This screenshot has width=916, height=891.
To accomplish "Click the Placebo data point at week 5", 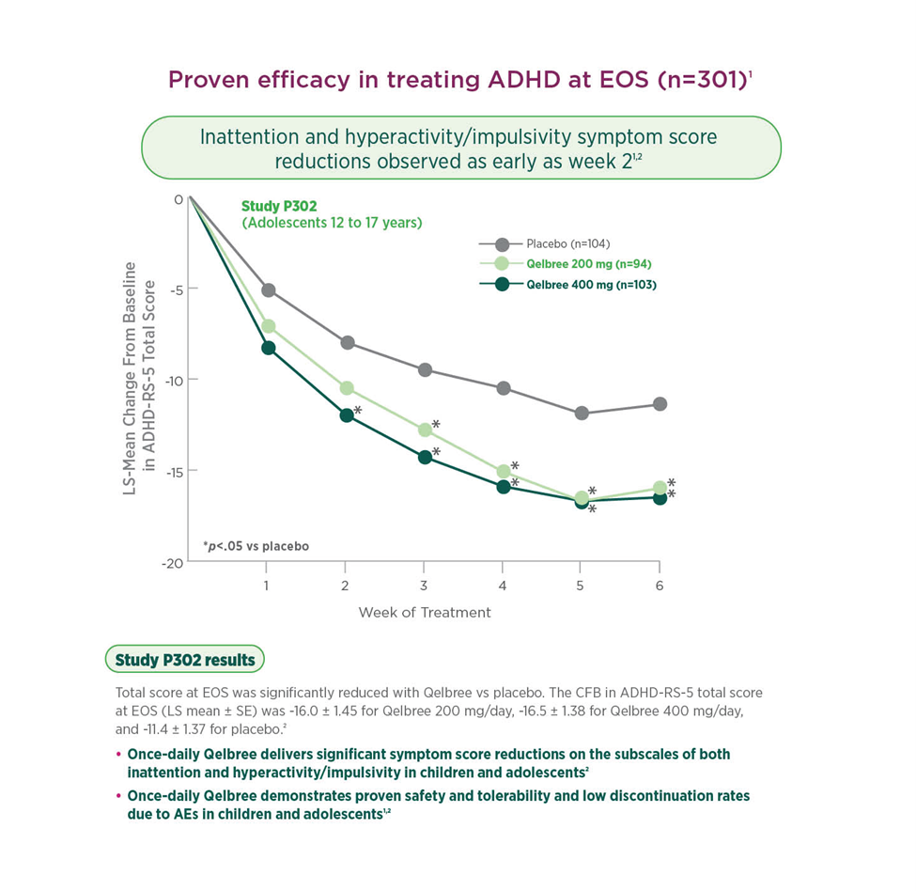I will click(x=582, y=413).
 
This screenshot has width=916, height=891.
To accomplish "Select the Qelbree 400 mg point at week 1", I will click(x=268, y=348).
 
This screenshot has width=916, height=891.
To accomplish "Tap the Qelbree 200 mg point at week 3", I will click(x=425, y=430).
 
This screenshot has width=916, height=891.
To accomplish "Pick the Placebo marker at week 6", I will click(x=660, y=404).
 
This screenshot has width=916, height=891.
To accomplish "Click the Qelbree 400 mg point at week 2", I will click(x=347, y=414).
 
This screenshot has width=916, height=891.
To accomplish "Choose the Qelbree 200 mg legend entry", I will click(x=575, y=264).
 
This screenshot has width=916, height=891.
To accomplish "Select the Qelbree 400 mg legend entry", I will click(x=577, y=284).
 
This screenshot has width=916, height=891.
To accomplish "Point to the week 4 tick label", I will click(x=503, y=585).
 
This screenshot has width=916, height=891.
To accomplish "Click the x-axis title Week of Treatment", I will click(x=425, y=613).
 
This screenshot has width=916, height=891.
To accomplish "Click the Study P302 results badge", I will click(x=185, y=660).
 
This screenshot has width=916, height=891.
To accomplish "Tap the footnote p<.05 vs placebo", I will click(x=256, y=545).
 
